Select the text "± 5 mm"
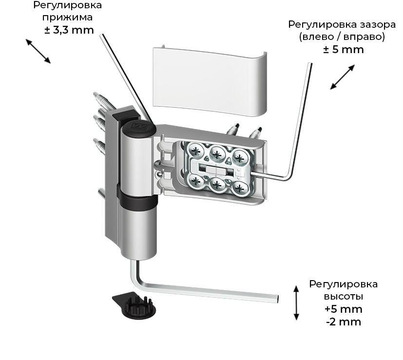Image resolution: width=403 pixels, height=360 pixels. (343, 50)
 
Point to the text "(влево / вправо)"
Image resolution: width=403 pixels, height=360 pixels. (343, 37)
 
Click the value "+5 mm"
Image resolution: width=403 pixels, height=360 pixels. (343, 309)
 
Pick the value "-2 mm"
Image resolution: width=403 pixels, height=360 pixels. (343, 322)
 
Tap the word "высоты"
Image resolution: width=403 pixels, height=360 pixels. (343, 296)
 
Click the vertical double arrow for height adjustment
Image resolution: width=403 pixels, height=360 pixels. (296, 303)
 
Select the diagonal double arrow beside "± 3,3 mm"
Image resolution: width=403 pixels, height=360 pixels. (38, 51)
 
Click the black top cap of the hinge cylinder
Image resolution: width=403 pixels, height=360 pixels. (138, 129)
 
